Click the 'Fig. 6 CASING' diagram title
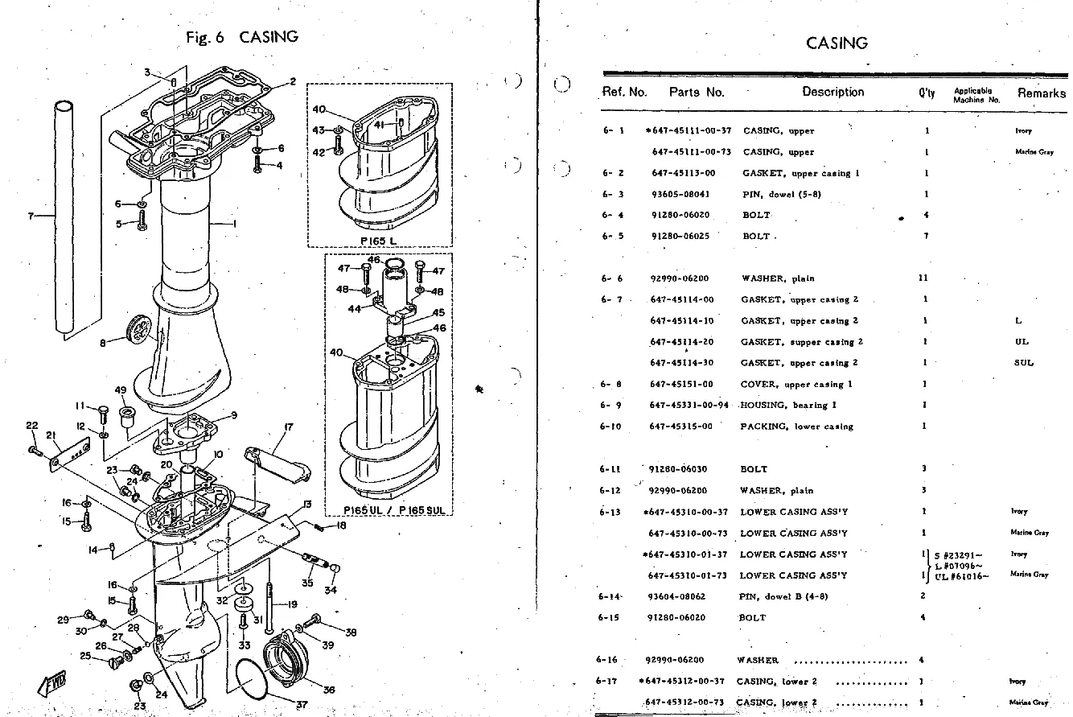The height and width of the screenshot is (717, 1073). point(241,37)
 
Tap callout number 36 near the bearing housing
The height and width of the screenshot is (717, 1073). point(328,690)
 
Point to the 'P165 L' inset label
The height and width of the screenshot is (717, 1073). point(379,241)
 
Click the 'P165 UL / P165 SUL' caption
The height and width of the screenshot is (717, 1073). point(388,510)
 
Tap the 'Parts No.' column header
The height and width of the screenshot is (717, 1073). point(697,92)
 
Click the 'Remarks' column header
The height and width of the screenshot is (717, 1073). point(1041,93)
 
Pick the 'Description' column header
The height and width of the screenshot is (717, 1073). point(832,92)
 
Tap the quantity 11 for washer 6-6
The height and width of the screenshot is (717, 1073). point(923,278)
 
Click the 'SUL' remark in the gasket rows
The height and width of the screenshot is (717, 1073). point(1023,363)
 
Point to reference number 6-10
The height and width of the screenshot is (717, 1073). point(611,426)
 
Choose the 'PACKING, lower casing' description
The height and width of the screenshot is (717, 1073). point(796,426)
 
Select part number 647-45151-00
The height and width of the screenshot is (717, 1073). point(681,385)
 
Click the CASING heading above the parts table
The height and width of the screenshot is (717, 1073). point(837,43)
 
